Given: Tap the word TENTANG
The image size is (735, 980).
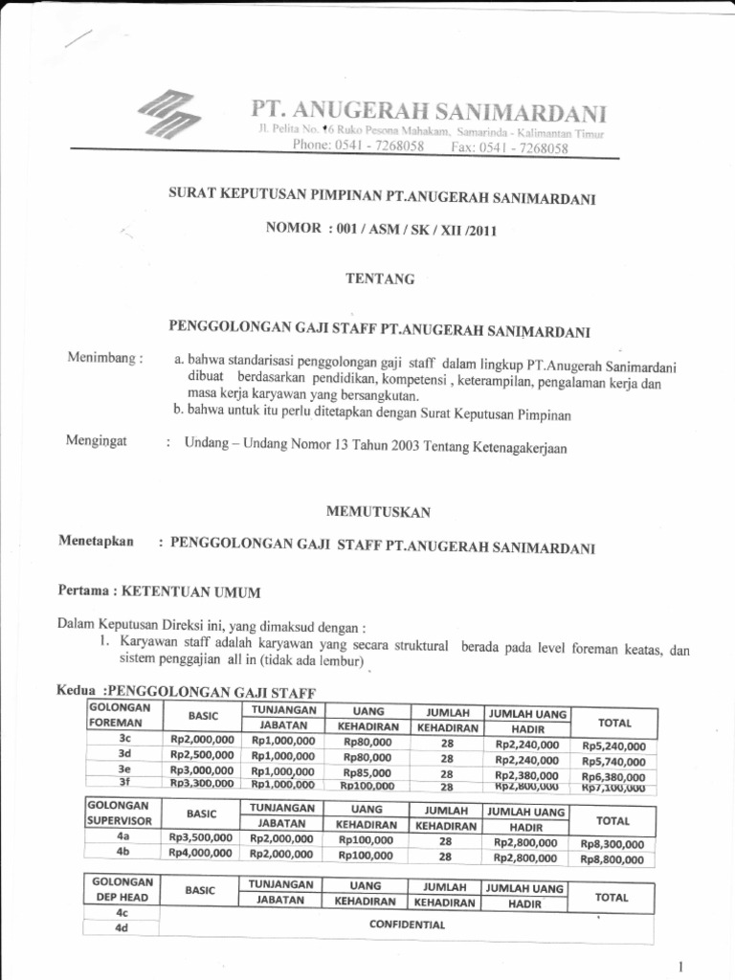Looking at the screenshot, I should pyautogui.click(x=380, y=279).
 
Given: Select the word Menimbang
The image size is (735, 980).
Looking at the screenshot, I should pyautogui.click(x=104, y=359).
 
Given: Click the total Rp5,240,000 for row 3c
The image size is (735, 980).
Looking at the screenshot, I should pyautogui.click(x=612, y=747).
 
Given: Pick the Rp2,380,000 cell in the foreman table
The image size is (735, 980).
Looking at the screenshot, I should pyautogui.click(x=526, y=773).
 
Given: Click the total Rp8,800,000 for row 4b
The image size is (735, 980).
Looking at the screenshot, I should pyautogui.click(x=612, y=859).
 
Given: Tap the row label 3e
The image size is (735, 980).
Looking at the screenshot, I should pyautogui.click(x=123, y=768).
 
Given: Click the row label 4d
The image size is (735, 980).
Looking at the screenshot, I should pyautogui.click(x=122, y=928).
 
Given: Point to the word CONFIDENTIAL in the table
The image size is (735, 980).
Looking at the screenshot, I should pyautogui.click(x=407, y=924).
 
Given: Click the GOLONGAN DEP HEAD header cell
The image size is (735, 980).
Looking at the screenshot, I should pyautogui.click(x=122, y=890).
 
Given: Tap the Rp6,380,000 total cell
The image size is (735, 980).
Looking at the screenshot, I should pyautogui.click(x=612, y=776).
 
